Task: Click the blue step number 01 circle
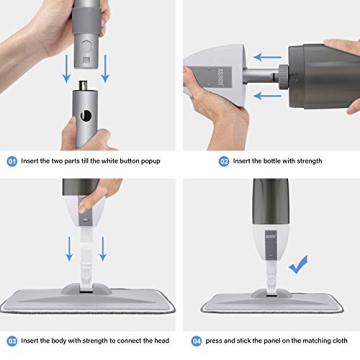point(11,159)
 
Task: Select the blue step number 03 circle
point(11,340)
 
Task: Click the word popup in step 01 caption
point(161,159)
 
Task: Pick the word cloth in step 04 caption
point(341,340)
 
